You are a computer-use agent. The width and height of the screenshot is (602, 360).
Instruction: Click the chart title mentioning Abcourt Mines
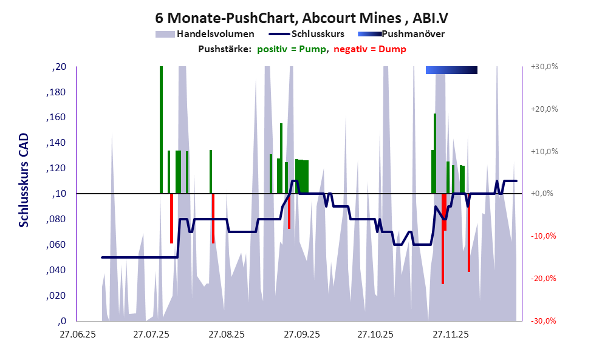click(301, 19)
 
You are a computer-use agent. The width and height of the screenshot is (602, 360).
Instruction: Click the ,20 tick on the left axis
click(60, 67)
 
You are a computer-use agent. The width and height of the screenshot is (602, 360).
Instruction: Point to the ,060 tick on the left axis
click(57, 245)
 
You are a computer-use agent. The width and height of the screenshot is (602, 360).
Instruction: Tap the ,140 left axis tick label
click(57, 143)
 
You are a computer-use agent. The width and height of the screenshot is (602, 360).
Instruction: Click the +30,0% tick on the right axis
click(544, 67)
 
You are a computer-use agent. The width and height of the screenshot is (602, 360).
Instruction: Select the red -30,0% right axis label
click(544, 321)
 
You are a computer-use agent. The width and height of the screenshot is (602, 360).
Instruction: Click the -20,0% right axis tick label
click(544, 279)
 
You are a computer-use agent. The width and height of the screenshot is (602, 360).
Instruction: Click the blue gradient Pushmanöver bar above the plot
click(451, 70)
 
